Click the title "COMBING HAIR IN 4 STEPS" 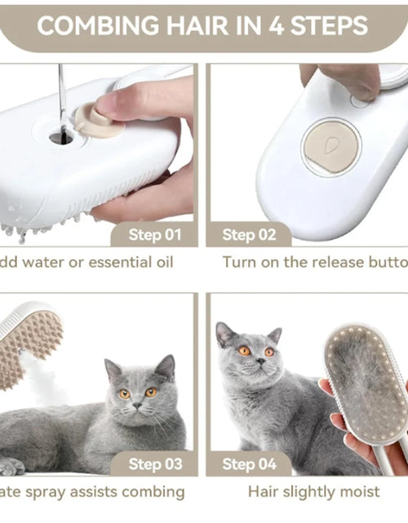pyautogui.click(x=202, y=25)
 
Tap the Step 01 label pyautogui.click(x=155, y=235)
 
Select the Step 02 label pyautogui.click(x=250, y=235)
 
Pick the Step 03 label pyautogui.click(x=155, y=464)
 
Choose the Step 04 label pyautogui.click(x=250, y=464)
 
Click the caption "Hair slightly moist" pyautogui.click(x=313, y=492)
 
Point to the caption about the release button pyautogui.click(x=315, y=262)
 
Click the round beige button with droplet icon pyautogui.click(x=330, y=148)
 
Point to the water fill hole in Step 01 pyautogui.click(x=60, y=137)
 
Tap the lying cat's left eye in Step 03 pyautogui.click(x=124, y=393)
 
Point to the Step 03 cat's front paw pyautogui.click(x=11, y=466)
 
